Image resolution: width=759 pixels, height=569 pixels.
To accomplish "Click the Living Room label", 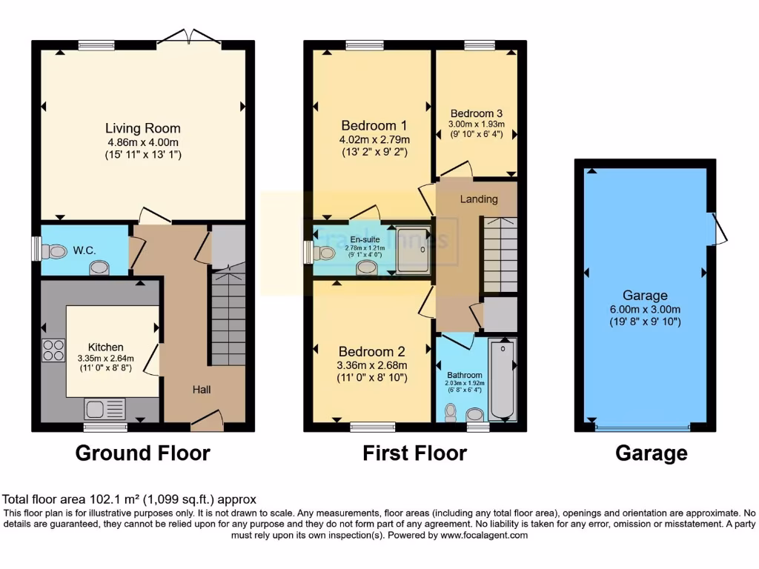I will [142, 128].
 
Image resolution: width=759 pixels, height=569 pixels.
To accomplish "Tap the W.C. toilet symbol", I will [56, 252].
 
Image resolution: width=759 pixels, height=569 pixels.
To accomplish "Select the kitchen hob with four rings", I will [54, 350].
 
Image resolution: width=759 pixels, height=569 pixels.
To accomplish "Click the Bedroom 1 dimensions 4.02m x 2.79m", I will [374, 139].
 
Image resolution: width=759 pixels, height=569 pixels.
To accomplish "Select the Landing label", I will [478, 199].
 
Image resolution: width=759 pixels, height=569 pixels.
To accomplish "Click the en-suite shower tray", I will [412, 248].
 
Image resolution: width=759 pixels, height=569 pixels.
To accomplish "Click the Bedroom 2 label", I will [371, 351].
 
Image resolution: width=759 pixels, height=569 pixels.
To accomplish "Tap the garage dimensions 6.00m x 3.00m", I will [645, 308].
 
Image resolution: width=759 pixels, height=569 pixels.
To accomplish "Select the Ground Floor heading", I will [142, 453].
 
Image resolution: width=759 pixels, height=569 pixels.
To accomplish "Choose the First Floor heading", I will [414, 453].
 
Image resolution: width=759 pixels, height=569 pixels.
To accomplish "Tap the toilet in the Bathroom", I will [451, 412].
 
